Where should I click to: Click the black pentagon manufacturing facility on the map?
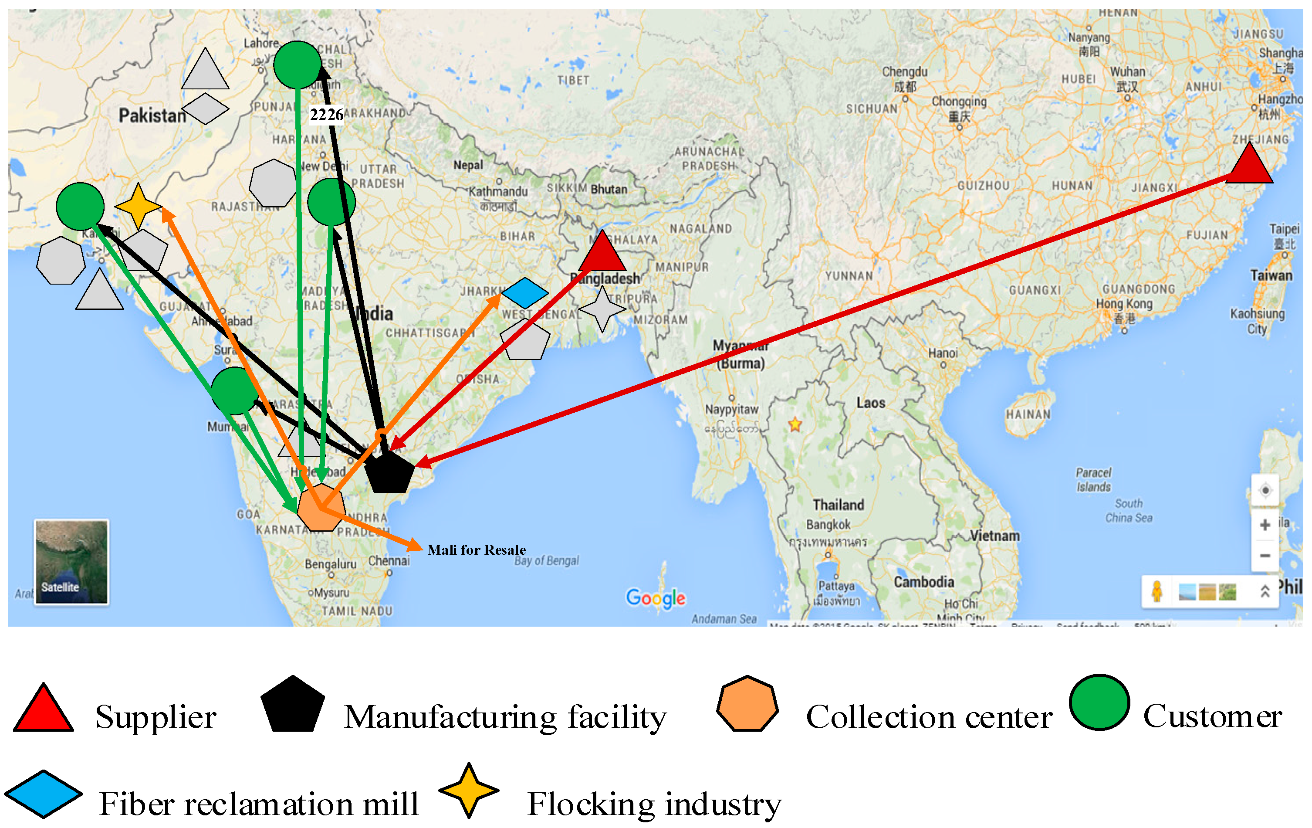[388, 471]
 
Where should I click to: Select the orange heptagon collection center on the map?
[321, 507]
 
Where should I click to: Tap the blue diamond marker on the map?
[525, 293]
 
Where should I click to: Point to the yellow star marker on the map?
[139, 206]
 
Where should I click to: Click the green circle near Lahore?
[297, 65]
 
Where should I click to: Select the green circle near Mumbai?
[235, 391]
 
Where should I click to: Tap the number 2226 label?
[326, 115]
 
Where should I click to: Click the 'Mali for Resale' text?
[476, 550]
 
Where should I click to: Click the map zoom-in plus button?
[1265, 525]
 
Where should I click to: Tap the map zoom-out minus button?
[1265, 556]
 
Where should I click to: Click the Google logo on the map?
[656, 598]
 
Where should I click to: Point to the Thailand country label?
[839, 505]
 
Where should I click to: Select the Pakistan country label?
[152, 115]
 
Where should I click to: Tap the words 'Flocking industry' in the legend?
[654, 804]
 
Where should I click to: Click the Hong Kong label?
[1124, 304]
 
